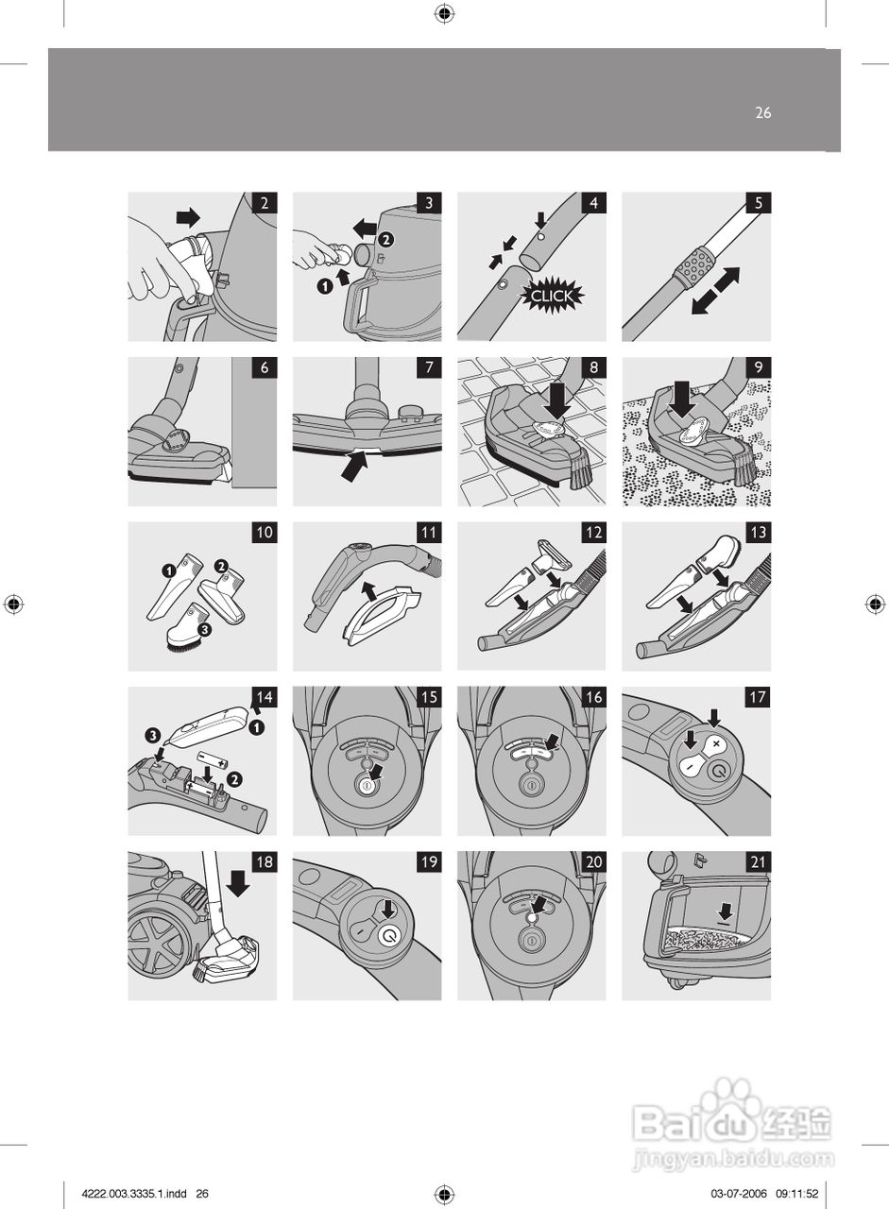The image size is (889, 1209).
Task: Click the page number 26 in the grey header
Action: [x=763, y=112]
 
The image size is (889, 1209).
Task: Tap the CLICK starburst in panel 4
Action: [x=552, y=296]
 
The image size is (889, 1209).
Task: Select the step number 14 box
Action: [x=265, y=697]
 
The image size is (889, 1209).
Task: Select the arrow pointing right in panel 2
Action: [x=188, y=217]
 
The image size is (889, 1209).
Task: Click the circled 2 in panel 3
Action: [x=387, y=240]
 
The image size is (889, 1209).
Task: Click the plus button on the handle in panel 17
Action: [x=715, y=744]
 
